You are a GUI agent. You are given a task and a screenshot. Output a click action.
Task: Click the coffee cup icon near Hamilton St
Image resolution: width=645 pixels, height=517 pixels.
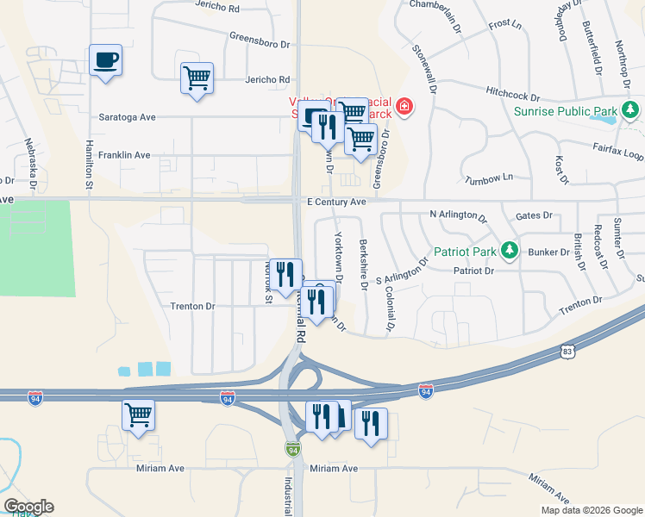click(105, 60)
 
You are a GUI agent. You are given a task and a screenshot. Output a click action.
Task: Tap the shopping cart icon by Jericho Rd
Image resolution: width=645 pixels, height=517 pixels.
click(197, 78)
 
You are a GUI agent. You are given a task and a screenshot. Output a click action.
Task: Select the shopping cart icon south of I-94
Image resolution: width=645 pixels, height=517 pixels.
click(138, 415)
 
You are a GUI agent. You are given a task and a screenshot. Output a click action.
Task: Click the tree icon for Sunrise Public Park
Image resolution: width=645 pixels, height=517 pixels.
click(631, 109)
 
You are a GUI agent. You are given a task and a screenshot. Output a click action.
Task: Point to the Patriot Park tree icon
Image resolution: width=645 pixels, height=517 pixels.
click(510, 251)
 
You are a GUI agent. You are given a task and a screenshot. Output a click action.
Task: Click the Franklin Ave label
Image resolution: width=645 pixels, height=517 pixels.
click(124, 156)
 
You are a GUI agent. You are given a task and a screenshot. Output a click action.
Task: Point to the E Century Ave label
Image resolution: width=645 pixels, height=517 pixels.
click(337, 202)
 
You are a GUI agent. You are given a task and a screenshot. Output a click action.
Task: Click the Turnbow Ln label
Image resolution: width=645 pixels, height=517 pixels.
click(489, 177)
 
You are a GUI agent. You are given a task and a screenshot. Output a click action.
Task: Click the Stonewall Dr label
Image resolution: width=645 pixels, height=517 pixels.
click(423, 68)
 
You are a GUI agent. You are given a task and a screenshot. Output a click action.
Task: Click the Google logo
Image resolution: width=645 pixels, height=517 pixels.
click(28, 507)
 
